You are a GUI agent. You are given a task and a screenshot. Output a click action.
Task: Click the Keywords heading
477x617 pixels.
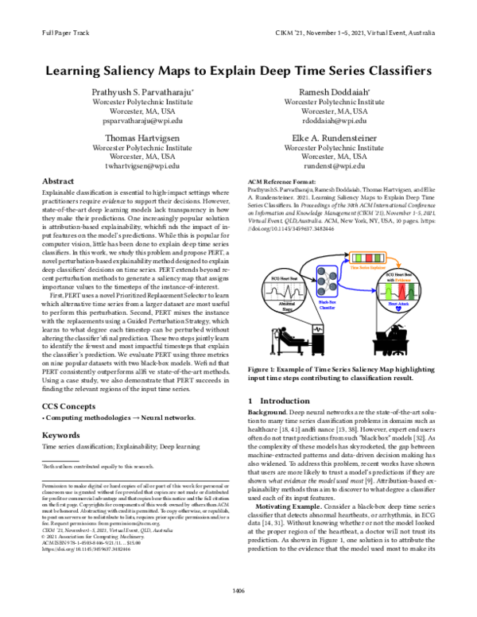(60, 435)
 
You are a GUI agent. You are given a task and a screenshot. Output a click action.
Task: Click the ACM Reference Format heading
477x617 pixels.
(282, 182)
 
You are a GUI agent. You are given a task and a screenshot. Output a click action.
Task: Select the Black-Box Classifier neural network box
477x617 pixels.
(327, 281)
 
